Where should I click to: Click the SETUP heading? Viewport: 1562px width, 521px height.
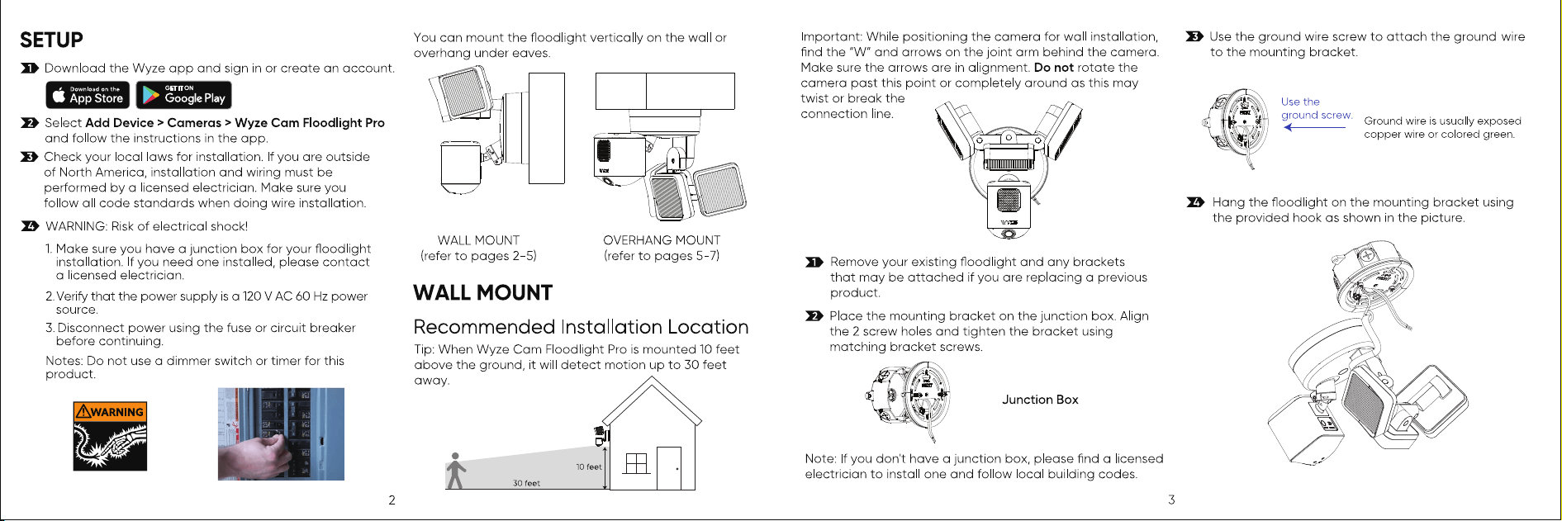click(x=51, y=40)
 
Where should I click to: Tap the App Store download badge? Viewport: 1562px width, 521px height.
click(x=88, y=95)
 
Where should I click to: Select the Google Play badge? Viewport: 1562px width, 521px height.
click(x=183, y=95)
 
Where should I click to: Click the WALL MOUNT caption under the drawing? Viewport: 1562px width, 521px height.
click(x=478, y=240)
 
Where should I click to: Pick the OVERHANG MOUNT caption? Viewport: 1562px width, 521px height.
click(x=662, y=240)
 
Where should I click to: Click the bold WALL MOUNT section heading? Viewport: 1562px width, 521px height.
click(x=482, y=293)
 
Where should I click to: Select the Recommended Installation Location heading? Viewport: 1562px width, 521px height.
click(x=581, y=327)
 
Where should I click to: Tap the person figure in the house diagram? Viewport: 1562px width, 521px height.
click(x=455, y=471)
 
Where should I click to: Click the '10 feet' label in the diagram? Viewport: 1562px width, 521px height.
click(x=589, y=467)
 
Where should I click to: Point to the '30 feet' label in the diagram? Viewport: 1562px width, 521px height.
click(x=526, y=483)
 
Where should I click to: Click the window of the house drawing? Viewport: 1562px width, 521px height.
click(x=637, y=463)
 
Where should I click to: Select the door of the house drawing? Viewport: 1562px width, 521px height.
click(x=669, y=468)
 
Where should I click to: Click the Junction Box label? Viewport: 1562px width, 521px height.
click(x=1040, y=400)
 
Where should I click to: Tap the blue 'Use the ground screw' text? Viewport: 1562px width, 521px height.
click(x=1316, y=108)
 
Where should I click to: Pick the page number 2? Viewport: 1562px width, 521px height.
click(x=392, y=500)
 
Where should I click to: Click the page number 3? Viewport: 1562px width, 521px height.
click(x=1171, y=500)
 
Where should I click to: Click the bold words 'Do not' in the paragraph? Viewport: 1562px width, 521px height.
click(x=1053, y=68)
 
